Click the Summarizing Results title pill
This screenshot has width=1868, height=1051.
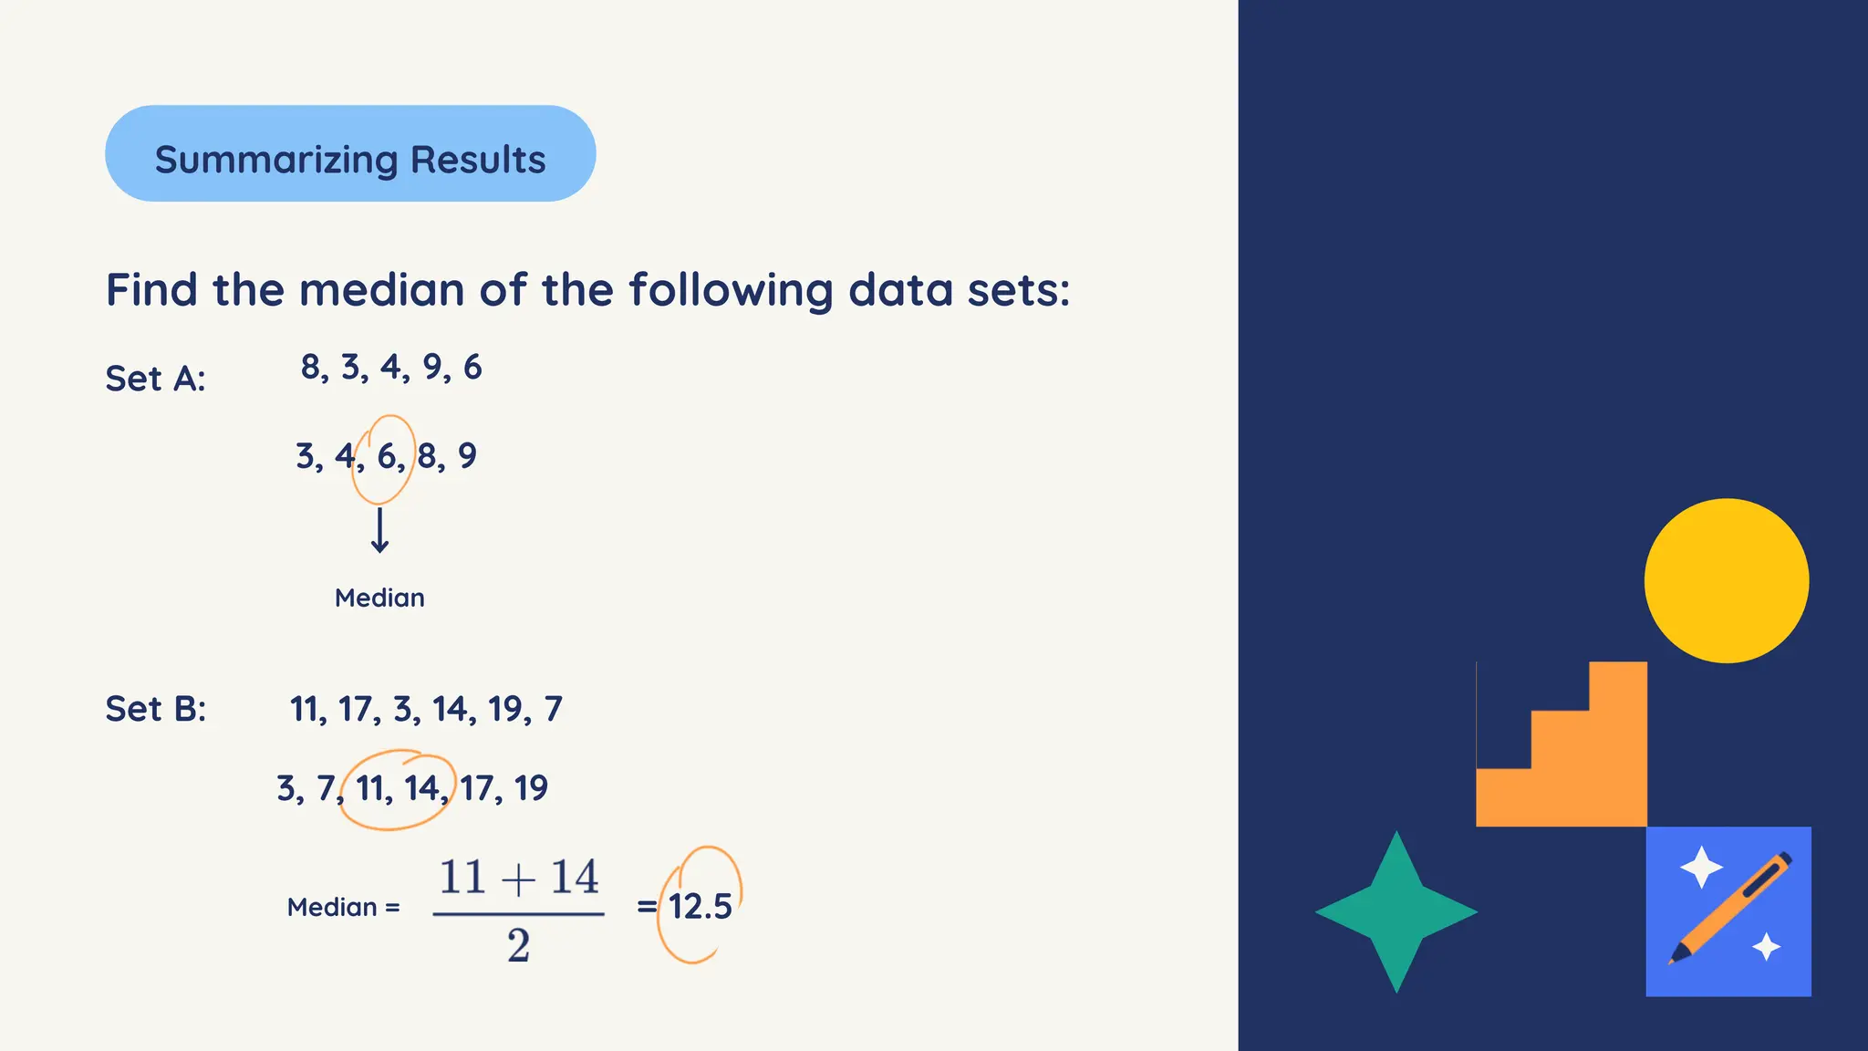[350, 154]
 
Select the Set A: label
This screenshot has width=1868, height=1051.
[155, 379]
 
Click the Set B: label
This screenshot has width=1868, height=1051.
[156, 709]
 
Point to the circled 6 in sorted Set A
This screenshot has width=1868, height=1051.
[387, 456]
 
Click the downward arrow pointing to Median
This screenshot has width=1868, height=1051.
[379, 531]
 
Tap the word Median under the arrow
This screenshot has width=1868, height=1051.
[379, 598]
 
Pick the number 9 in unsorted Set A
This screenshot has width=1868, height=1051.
[432, 367]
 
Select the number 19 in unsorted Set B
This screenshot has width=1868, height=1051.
[504, 709]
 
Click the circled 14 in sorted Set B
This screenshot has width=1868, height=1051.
[421, 788]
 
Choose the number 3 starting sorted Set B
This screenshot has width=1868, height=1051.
[286, 788]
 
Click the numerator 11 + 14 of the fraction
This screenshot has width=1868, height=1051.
[518, 878]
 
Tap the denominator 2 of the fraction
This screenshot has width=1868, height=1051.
[518, 945]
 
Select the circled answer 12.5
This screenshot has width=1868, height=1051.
[700, 906]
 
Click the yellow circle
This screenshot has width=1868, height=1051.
[1726, 580]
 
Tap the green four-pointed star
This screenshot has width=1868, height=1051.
[1396, 911]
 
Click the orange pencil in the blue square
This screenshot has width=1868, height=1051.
[1730, 909]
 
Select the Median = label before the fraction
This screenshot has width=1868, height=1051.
[343, 907]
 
